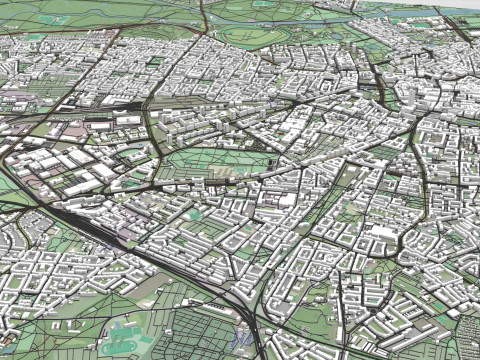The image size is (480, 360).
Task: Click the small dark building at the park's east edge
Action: tap(272, 158)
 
